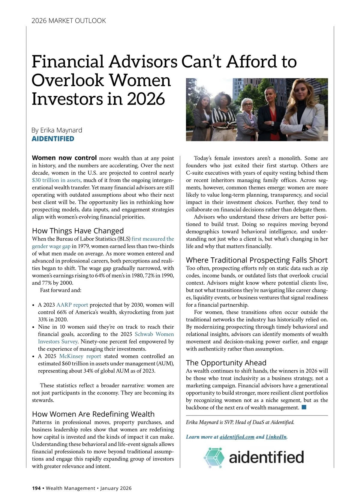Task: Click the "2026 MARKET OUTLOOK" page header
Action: pos(69,21)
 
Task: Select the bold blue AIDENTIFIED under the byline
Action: pos(53,139)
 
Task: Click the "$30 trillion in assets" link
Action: pos(56,180)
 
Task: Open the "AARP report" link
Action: pos(72,305)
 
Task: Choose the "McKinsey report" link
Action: pos(80,356)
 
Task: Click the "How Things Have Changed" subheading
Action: pos(78,231)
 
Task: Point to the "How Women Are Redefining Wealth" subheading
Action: pos(93,414)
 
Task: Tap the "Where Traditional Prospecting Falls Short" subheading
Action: pos(256,260)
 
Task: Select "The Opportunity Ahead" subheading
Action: pos(226,363)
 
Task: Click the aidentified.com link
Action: pos(237,437)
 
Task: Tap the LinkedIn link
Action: pos(276,437)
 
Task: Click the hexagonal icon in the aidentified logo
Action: pos(214,457)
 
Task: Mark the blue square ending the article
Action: pos(304,407)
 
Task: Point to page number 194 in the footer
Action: pos(36,488)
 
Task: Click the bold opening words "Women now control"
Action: pos(64,158)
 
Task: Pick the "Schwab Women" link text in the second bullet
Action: pos(154,334)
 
